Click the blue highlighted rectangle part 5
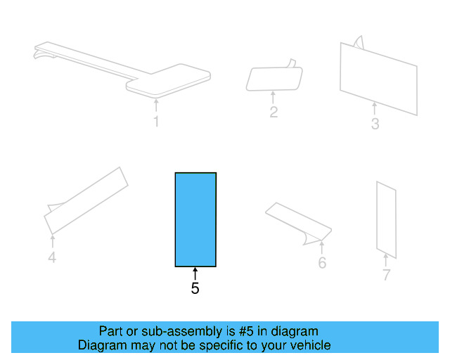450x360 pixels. coord(195,219)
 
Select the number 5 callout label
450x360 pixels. coord(195,288)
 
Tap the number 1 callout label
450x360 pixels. coord(156,122)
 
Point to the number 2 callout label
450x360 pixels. coord(274,112)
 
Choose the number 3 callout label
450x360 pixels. coord(375,124)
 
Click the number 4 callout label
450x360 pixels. coord(52,258)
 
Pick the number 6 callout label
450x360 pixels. coord(322,263)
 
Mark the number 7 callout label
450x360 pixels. coord(386,275)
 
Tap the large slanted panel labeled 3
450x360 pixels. coord(378,77)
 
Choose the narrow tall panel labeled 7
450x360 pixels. coord(386,217)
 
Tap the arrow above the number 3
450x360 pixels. coord(375,109)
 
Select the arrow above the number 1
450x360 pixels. coord(156,106)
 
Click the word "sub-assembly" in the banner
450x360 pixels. coord(168,331)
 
